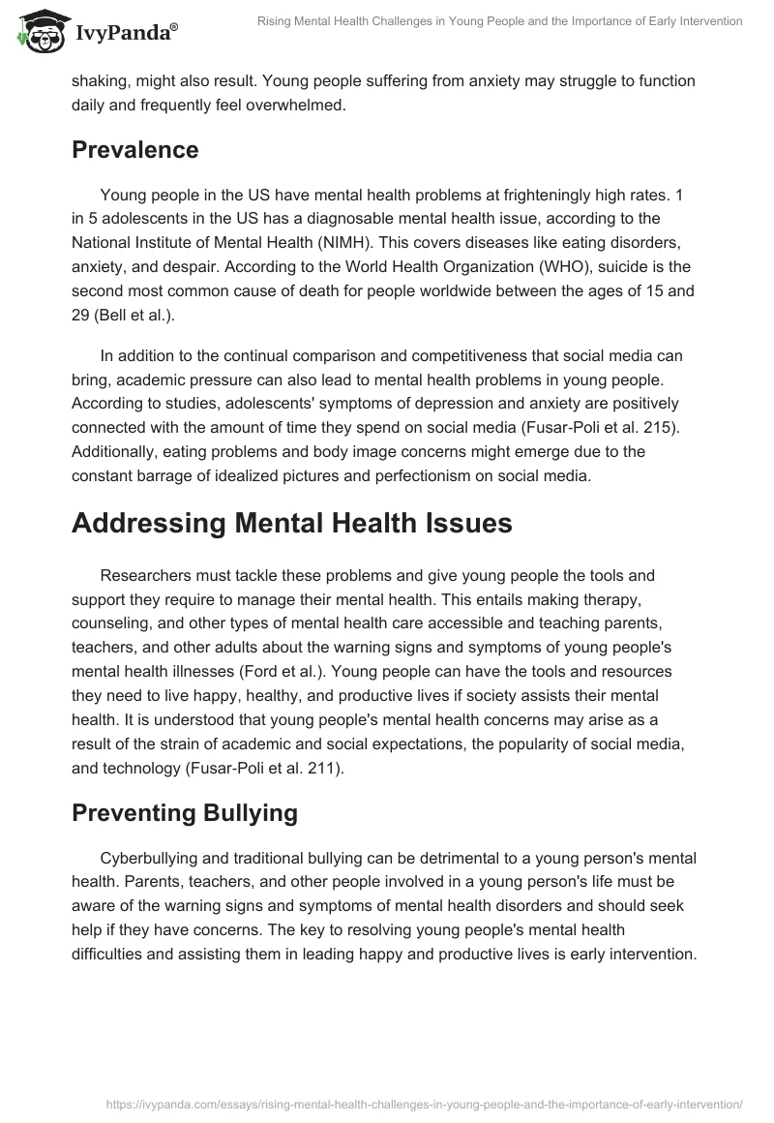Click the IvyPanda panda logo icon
click(x=41, y=26)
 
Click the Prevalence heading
click(x=134, y=150)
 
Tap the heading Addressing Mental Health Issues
click(x=291, y=522)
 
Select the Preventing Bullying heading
click(x=184, y=812)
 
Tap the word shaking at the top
click(x=100, y=79)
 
